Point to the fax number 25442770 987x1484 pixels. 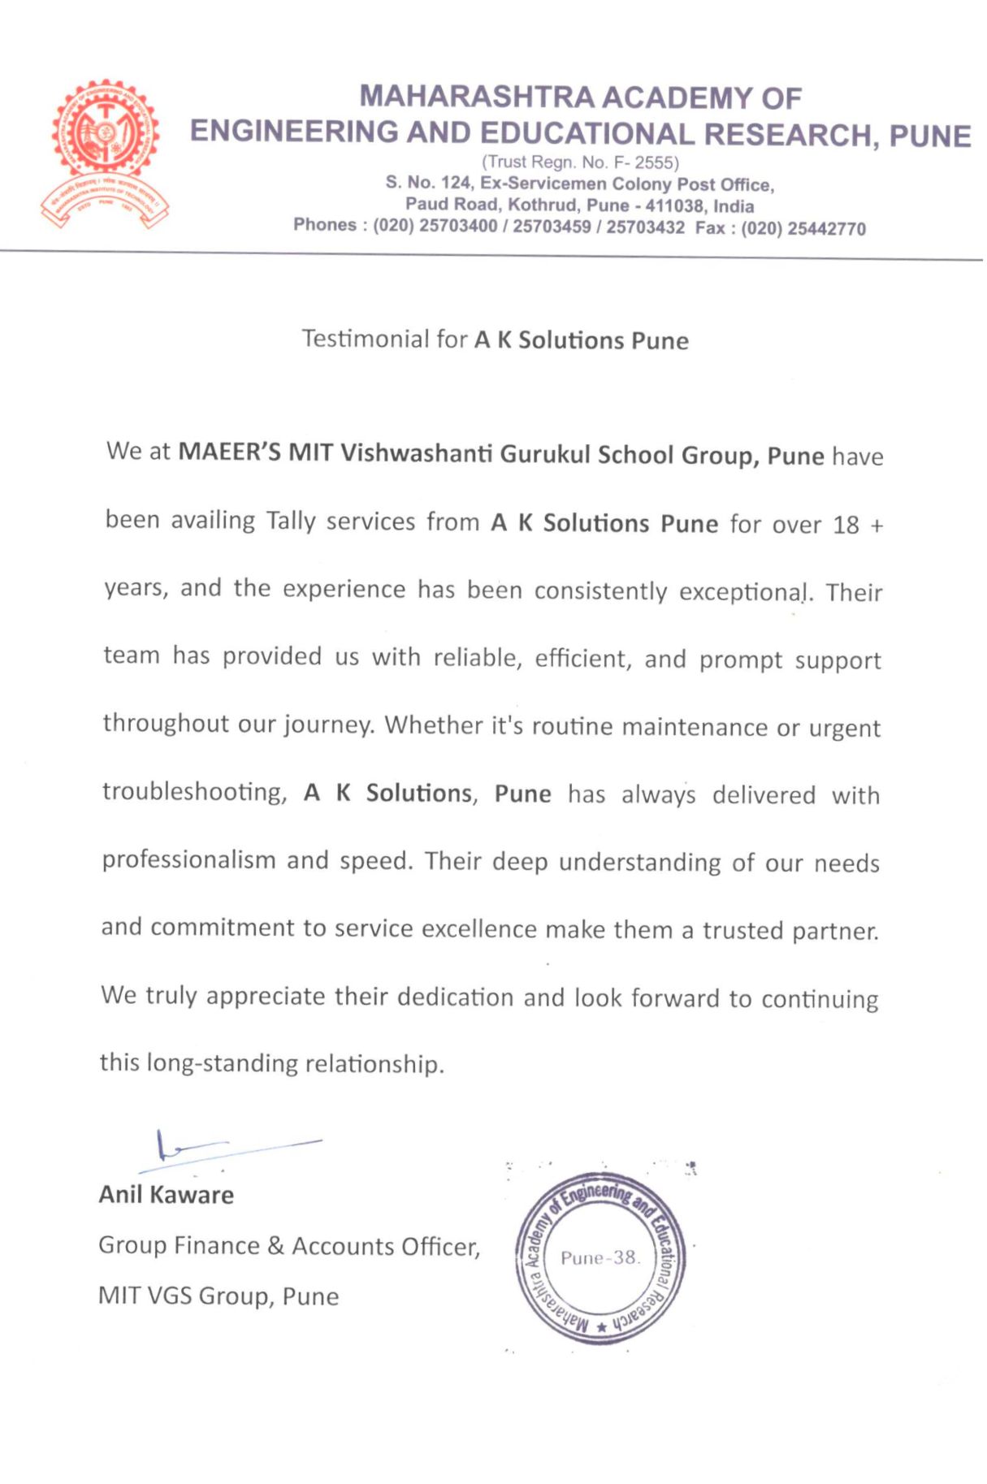click(826, 229)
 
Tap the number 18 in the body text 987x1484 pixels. click(846, 525)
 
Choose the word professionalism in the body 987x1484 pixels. click(188, 860)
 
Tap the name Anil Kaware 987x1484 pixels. click(167, 1195)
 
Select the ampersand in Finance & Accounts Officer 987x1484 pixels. click(275, 1246)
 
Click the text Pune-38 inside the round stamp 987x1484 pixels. click(600, 1258)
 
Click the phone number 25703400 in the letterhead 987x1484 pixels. click(458, 226)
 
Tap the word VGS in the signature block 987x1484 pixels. click(168, 1296)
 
